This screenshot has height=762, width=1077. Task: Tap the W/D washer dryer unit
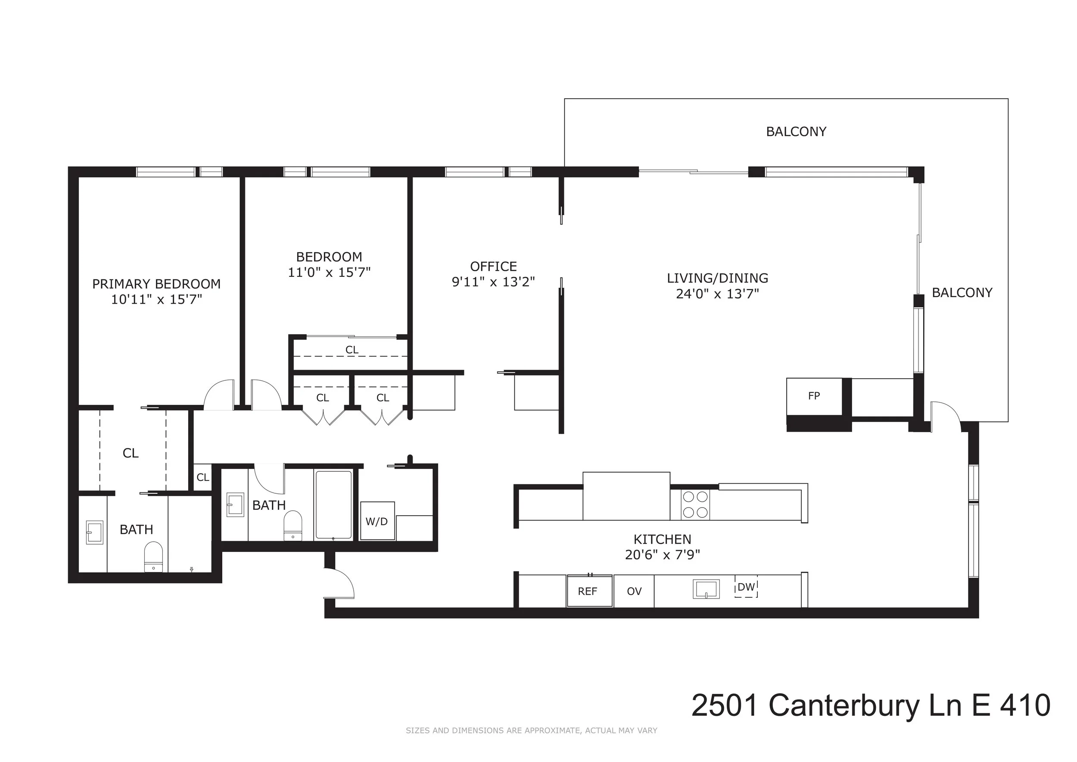pos(377,521)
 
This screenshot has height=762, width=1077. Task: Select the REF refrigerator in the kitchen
pos(589,591)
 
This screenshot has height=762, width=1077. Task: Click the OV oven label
pos(634,591)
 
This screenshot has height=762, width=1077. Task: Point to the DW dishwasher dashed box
pos(746,587)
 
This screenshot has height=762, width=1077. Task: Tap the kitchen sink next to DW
pos(706,589)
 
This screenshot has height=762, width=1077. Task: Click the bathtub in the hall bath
pos(333,504)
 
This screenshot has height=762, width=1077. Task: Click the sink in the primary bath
pos(94,532)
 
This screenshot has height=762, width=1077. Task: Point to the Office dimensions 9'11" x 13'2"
pos(493,282)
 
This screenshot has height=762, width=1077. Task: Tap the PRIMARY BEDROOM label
pos(156,284)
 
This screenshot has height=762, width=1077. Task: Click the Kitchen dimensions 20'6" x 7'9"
pos(662,555)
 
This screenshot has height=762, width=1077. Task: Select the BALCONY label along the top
pos(796,132)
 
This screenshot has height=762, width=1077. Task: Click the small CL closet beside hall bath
pos(202,477)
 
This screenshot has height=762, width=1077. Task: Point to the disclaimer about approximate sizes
pos(531,731)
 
